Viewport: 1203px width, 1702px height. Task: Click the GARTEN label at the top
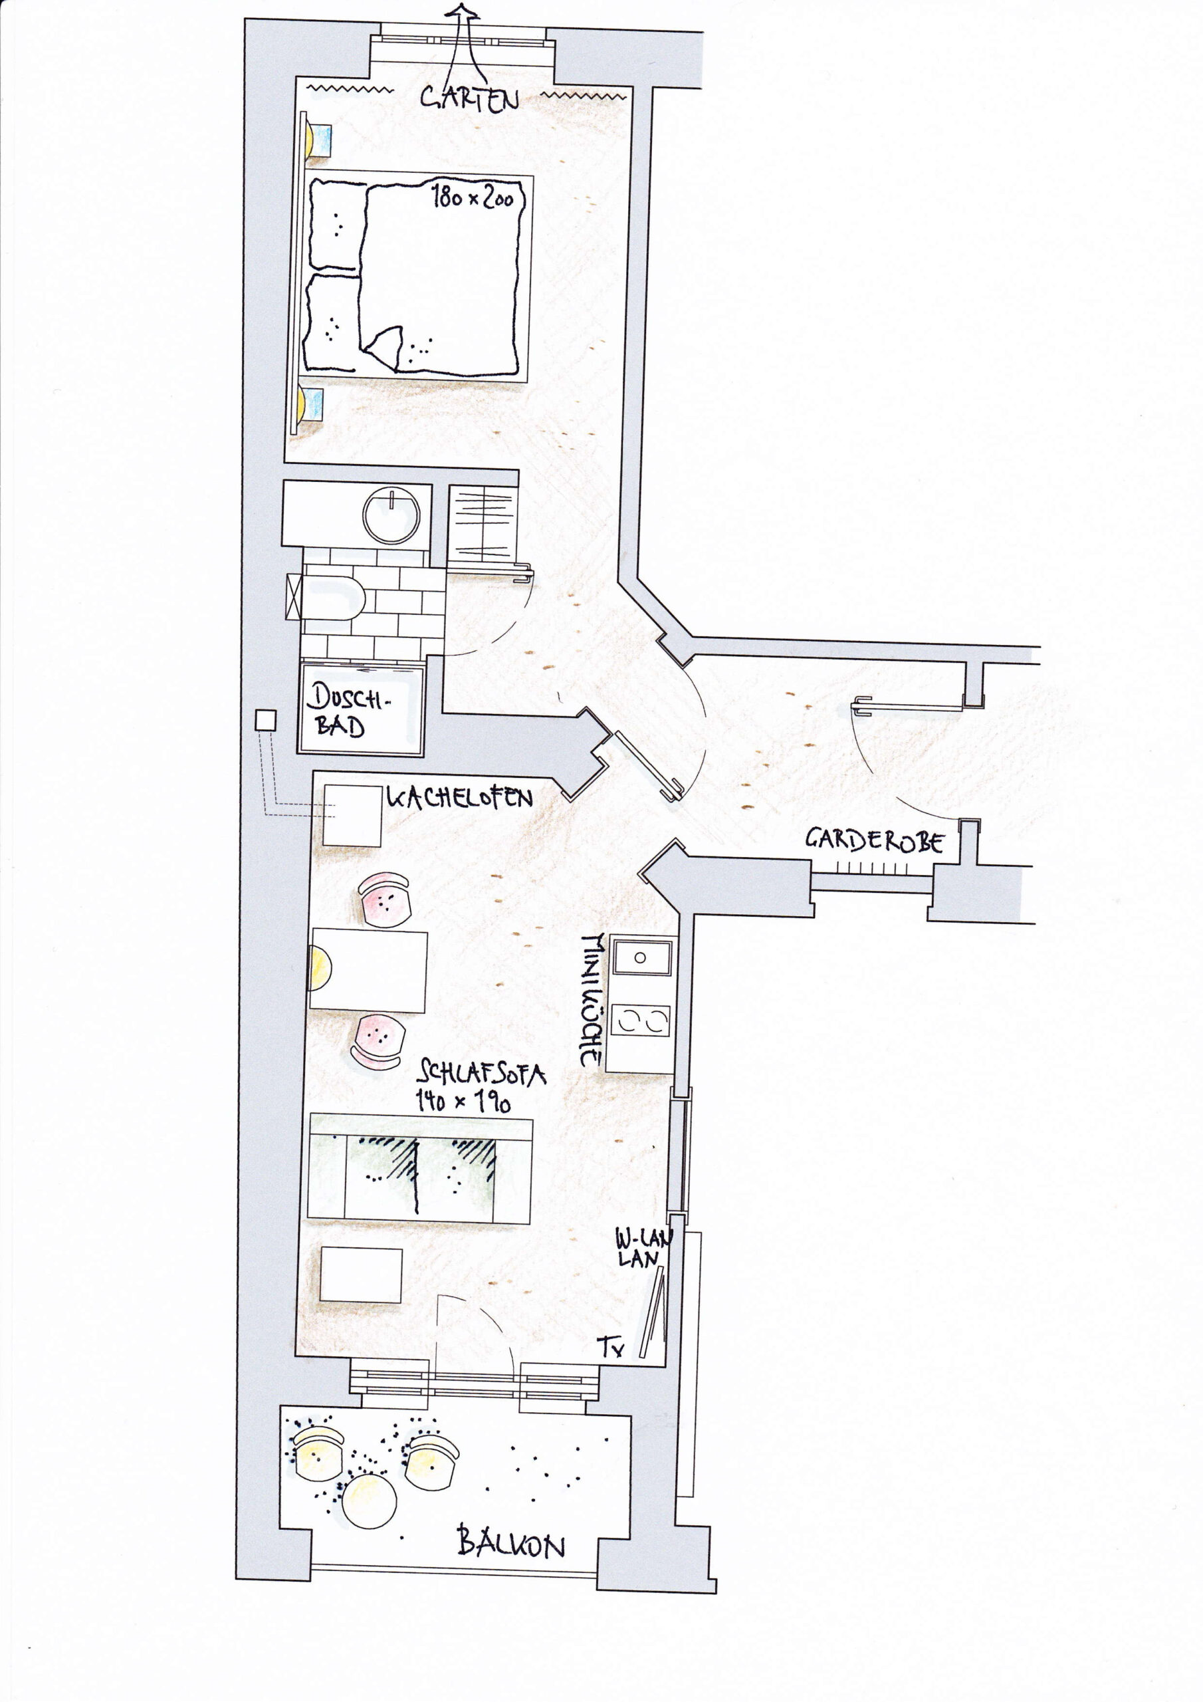(469, 98)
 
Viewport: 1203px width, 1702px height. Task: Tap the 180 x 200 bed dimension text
(474, 198)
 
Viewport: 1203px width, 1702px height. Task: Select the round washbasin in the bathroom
(391, 514)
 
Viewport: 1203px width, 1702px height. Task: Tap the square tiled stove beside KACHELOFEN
(353, 815)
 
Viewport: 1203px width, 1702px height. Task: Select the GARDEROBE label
(875, 840)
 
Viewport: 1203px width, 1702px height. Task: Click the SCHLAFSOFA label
(482, 1072)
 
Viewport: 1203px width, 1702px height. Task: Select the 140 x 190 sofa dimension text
(463, 1102)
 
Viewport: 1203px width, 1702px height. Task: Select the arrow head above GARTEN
(465, 12)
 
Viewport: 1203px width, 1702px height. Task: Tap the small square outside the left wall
(265, 720)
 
